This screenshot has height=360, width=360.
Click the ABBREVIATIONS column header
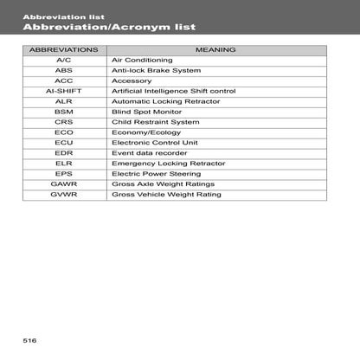click(63, 50)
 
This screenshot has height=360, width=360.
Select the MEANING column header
click(215, 50)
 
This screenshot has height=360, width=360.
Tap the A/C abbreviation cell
click(63, 61)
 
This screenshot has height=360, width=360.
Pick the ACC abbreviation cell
click(63, 80)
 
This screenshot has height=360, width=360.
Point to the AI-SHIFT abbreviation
click(63, 91)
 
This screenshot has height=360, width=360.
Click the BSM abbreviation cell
click(63, 112)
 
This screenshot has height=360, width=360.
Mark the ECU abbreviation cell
click(63, 143)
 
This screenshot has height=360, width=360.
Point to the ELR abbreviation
click(63, 164)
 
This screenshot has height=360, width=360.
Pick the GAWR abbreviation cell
click(63, 184)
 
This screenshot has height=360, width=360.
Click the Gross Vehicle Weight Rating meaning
click(166, 195)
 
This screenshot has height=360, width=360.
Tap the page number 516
click(30, 340)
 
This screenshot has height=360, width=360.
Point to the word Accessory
click(132, 80)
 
